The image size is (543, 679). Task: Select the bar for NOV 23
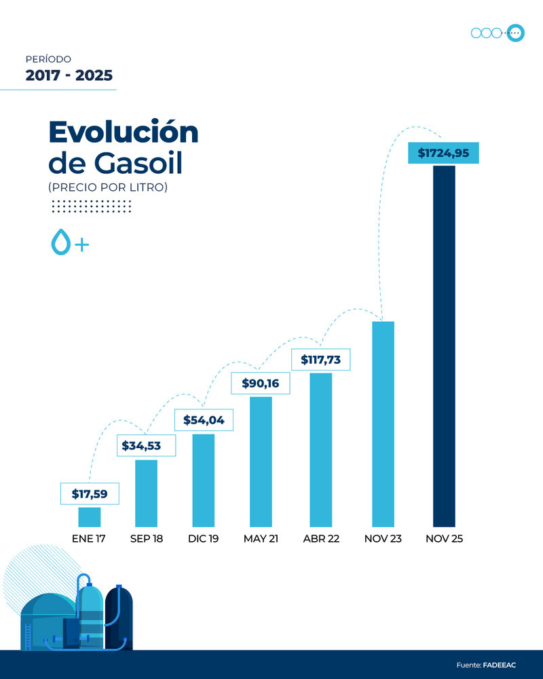[x=383, y=424]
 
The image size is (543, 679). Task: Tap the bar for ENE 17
[x=90, y=517]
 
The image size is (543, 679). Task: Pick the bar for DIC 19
[x=204, y=479]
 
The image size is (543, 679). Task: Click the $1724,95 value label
[x=443, y=153]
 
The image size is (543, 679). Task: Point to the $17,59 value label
[x=90, y=494]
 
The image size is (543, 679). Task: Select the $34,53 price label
[x=147, y=446]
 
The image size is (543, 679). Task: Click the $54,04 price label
[x=204, y=420]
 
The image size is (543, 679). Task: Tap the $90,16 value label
[x=261, y=383]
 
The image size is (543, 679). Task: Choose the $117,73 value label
[x=320, y=359]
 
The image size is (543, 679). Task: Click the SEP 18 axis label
[x=147, y=539]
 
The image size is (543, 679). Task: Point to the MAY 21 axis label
[x=261, y=539]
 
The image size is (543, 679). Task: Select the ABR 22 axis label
[x=321, y=539]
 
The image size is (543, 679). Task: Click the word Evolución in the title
[x=123, y=132]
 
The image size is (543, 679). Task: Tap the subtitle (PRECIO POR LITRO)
[x=107, y=186]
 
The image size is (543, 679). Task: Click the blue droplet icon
[x=61, y=242]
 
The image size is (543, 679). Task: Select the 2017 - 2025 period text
[x=69, y=75]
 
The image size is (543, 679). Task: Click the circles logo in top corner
[x=498, y=33]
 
